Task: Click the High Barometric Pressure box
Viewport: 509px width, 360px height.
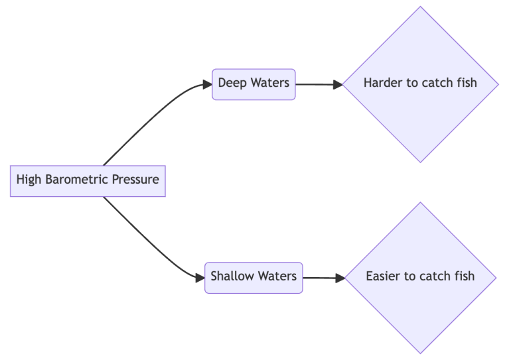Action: tap(88, 180)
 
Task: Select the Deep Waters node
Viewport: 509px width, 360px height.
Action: tap(254, 84)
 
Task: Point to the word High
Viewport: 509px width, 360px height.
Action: tap(28, 180)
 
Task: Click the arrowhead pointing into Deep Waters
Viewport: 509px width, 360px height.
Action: tap(207, 84)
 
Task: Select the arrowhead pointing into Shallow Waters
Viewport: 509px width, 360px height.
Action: tap(200, 277)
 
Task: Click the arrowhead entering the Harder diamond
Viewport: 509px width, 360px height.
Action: tap(338, 85)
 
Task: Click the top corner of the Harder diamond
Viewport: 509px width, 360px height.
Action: tap(420, 7)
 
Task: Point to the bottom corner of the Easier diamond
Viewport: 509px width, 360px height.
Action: tap(420, 352)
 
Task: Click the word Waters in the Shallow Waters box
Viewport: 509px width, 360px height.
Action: tap(275, 276)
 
